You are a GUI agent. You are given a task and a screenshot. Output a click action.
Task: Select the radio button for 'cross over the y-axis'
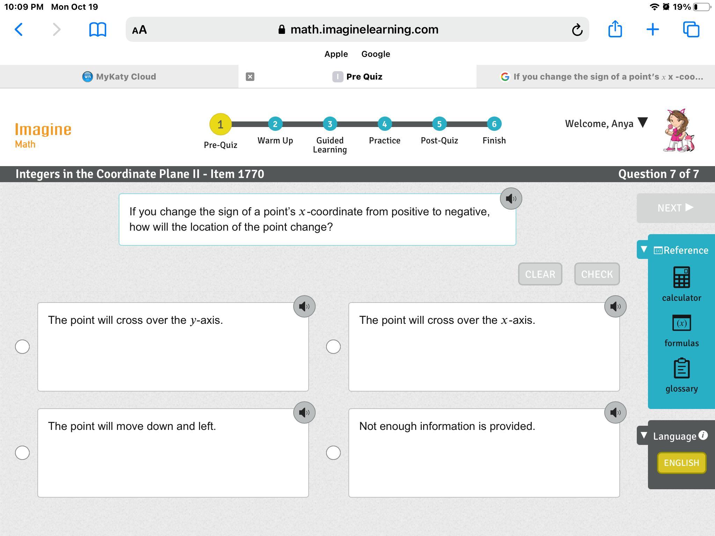22,347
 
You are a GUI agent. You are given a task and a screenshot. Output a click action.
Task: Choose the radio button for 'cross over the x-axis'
333,347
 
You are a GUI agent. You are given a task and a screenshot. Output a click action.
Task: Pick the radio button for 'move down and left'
22,453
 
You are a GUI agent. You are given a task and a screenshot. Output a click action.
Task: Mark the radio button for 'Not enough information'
333,453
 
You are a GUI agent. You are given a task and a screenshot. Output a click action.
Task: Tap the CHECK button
597,274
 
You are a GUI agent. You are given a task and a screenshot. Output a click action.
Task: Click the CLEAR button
540,274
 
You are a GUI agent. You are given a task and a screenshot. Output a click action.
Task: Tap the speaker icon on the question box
511,199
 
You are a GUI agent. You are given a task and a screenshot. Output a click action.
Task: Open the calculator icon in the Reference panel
681,277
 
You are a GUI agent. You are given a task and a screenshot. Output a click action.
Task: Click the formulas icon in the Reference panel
681,323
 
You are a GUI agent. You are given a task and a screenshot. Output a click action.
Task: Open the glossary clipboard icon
681,368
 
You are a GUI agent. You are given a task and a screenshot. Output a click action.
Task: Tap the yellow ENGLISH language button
681,463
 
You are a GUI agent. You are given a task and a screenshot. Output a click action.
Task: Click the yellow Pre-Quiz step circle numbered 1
220,124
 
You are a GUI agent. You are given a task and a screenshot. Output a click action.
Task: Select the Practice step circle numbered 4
384,124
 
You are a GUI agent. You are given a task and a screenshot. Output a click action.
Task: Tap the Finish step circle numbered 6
494,124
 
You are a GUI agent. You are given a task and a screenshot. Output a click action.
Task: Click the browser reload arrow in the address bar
577,30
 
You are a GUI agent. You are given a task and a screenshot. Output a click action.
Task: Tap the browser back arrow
19,30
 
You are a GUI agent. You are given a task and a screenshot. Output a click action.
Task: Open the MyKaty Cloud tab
119,76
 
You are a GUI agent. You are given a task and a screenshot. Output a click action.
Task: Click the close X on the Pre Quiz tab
250,77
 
